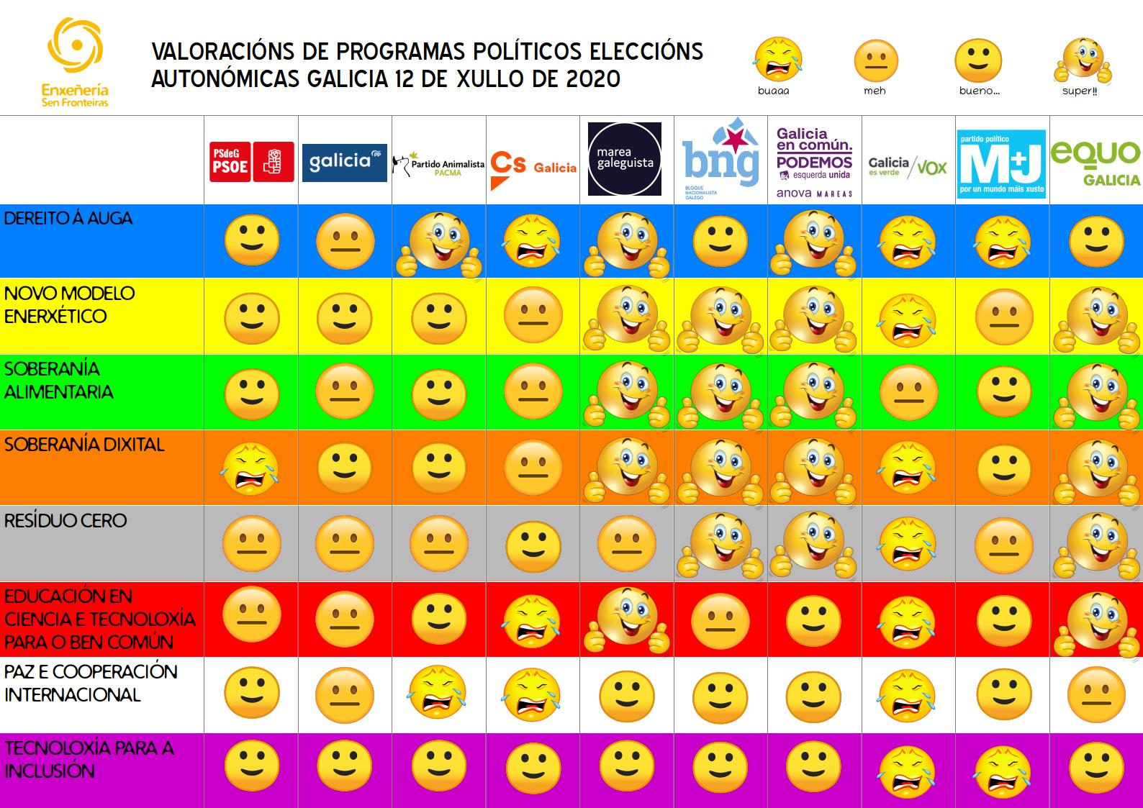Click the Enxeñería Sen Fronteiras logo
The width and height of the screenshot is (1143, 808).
coord(75,63)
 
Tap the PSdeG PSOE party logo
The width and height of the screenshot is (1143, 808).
coord(251,161)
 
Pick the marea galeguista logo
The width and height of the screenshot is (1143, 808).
coord(624,159)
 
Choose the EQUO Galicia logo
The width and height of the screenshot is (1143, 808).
coord(1095,163)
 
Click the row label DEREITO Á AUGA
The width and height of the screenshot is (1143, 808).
coord(68,219)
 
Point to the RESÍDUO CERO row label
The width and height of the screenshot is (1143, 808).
coord(65,520)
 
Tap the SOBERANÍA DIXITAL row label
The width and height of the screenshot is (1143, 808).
coord(84,445)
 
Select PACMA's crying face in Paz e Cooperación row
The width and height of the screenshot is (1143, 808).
coord(437,693)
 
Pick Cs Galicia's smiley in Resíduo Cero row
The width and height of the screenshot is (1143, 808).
coord(533,544)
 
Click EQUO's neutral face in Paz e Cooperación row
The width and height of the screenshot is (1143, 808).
coord(1095,693)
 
